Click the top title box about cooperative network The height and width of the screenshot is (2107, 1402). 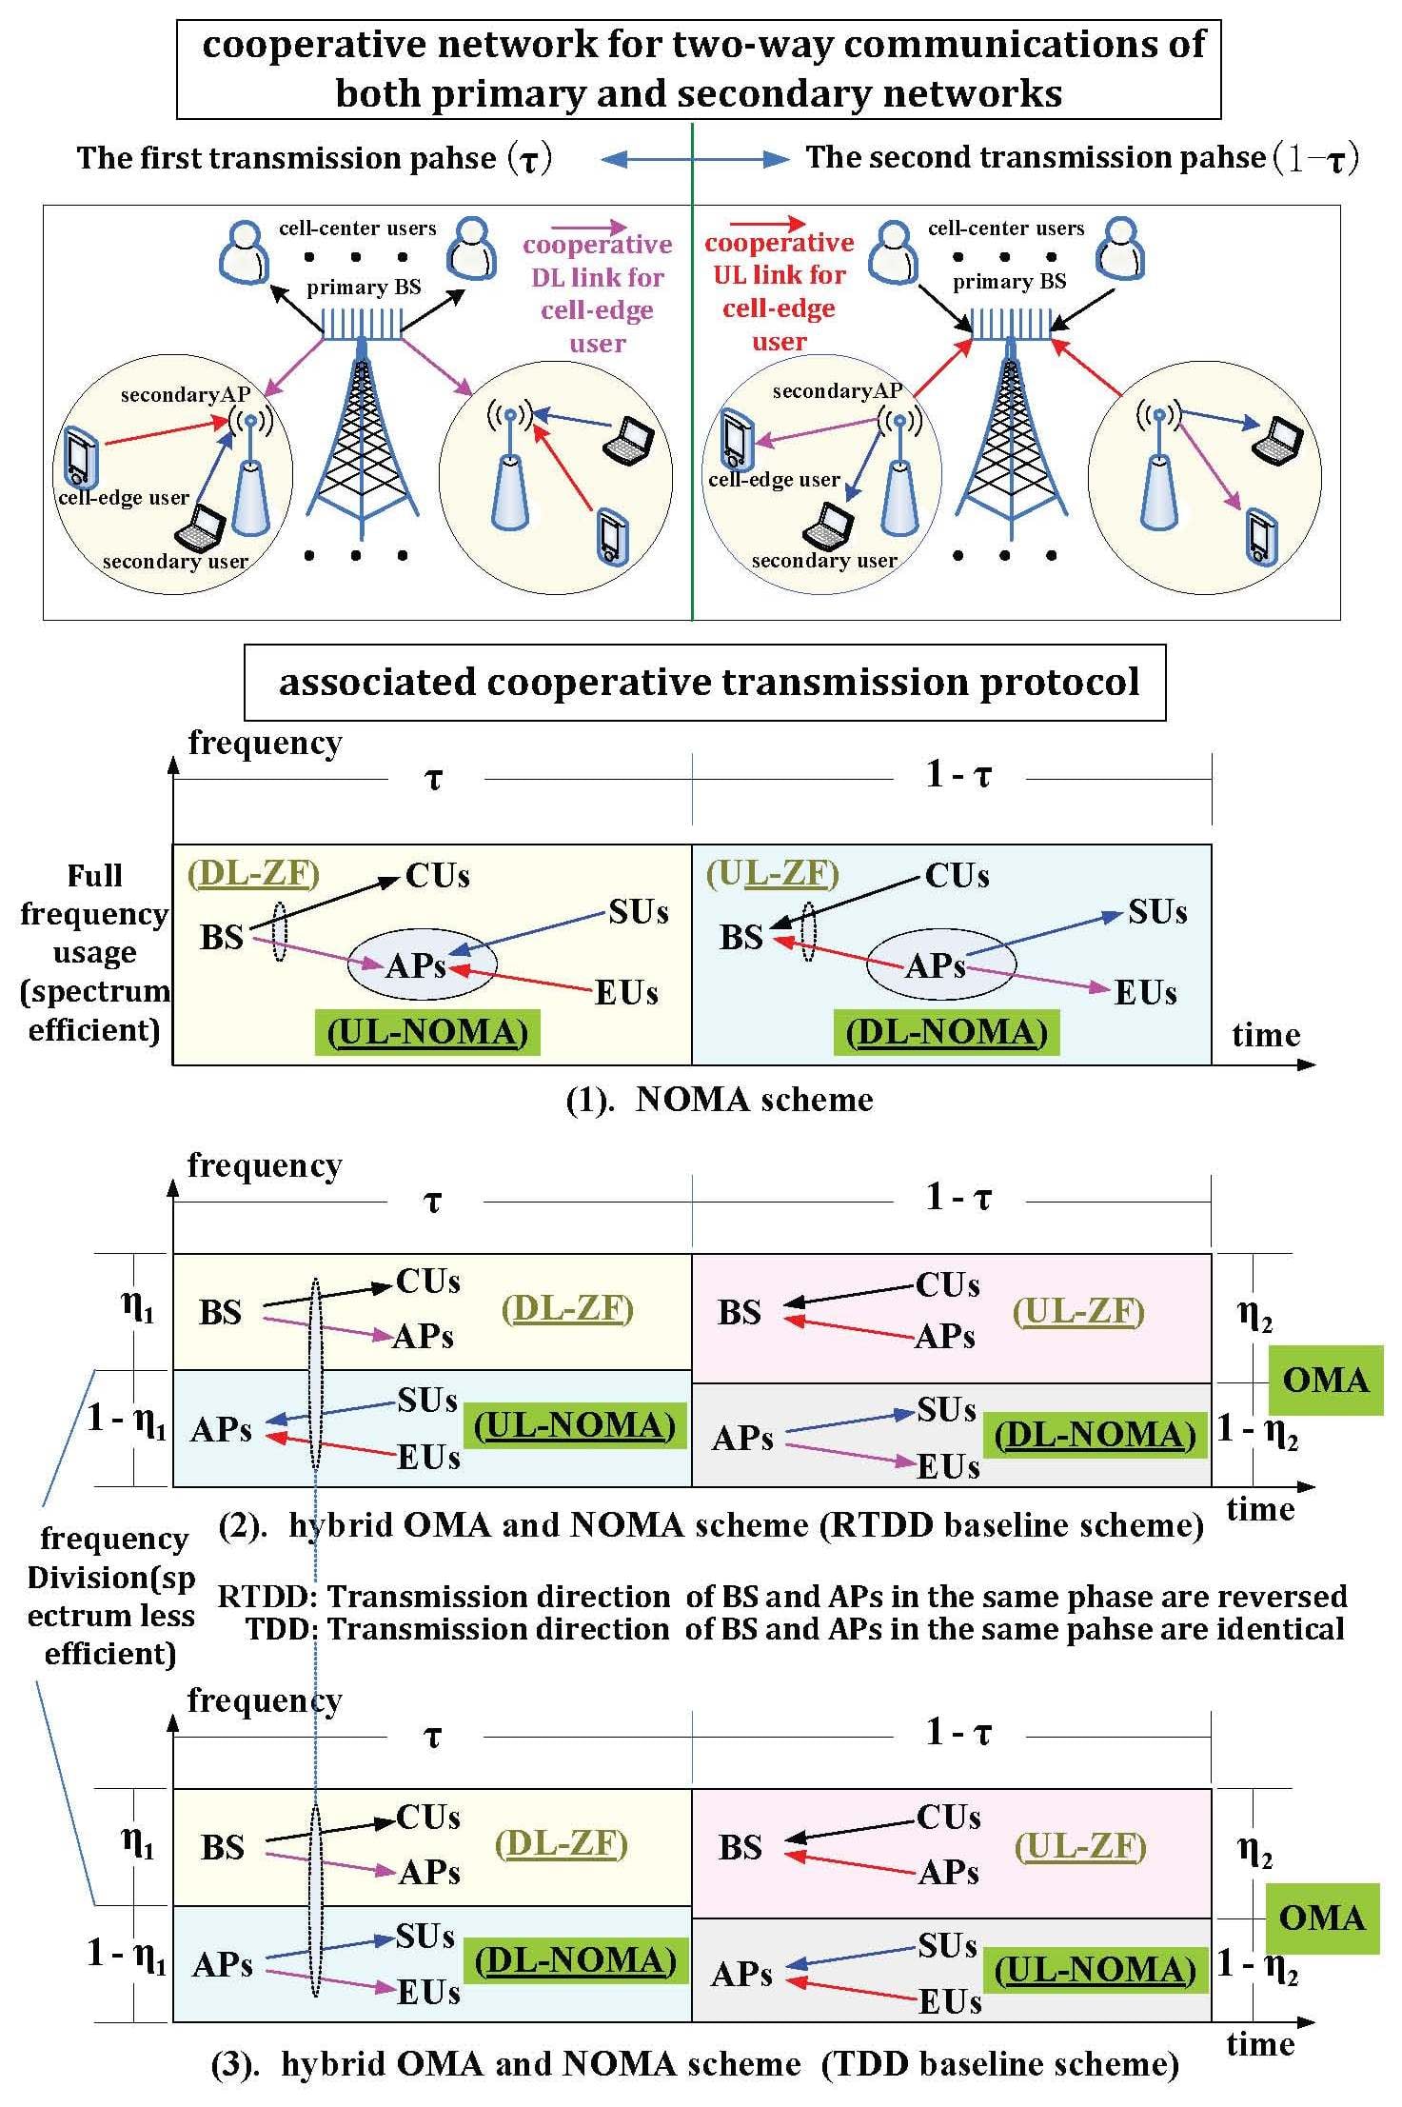[699, 70]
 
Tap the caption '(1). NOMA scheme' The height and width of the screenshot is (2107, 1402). [720, 1100]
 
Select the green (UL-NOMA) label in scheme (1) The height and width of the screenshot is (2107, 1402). [427, 1033]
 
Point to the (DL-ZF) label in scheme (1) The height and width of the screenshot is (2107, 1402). [253, 873]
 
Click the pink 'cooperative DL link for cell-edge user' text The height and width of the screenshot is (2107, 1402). [598, 293]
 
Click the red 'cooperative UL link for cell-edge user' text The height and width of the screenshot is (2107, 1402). [779, 291]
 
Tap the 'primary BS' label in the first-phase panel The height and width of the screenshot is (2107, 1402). [364, 288]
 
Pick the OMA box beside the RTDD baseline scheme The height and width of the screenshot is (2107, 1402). [1325, 1380]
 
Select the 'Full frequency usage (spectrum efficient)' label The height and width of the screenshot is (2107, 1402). [94, 952]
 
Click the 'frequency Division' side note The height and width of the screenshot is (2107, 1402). [111, 1596]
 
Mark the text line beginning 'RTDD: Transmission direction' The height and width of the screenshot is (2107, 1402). [781, 1596]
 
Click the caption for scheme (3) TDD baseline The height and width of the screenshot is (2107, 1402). [696, 2064]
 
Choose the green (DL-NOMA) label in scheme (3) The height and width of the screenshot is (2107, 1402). [576, 1960]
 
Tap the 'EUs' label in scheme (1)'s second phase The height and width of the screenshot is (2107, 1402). [1145, 993]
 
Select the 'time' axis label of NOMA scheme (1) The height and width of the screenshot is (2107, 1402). [1265, 1035]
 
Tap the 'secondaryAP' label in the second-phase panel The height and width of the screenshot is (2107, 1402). [838, 391]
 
